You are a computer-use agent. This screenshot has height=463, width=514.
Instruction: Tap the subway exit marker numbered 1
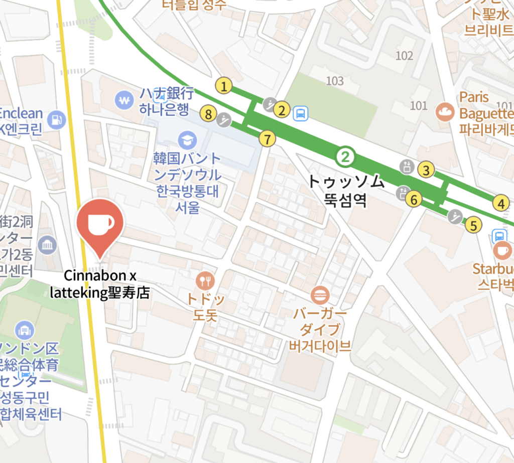(x=224, y=86)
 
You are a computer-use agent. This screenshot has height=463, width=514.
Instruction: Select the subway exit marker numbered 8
(x=208, y=113)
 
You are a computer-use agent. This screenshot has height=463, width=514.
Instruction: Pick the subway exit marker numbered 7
(x=268, y=138)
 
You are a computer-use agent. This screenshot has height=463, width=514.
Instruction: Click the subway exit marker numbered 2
(x=283, y=109)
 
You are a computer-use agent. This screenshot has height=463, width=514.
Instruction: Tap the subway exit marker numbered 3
(x=426, y=170)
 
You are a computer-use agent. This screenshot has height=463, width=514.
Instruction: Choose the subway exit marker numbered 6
(x=414, y=199)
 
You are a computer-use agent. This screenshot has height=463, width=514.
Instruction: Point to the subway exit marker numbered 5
(x=472, y=224)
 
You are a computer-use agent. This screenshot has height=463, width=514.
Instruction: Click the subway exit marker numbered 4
(x=500, y=204)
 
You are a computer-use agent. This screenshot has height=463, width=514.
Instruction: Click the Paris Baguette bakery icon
(x=445, y=111)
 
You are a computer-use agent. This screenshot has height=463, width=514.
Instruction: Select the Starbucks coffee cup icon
(x=502, y=249)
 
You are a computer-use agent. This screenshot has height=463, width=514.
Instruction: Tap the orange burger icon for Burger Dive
(x=319, y=294)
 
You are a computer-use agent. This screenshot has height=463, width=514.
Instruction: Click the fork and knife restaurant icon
(x=205, y=280)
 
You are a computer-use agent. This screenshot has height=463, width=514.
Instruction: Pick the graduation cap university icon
(x=188, y=138)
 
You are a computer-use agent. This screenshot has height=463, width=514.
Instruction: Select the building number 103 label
(x=335, y=81)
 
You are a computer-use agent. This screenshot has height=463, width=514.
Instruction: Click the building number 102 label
(x=404, y=56)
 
